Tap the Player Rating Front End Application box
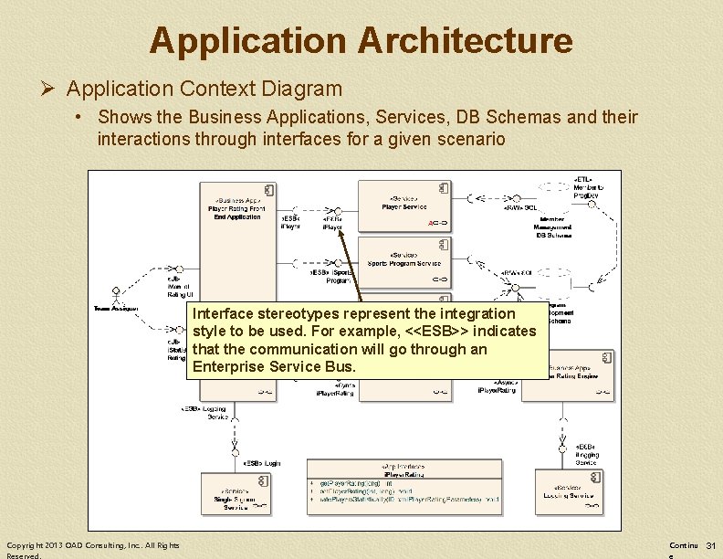tap(236, 237)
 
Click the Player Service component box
tap(403, 206)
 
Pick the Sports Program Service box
tap(403, 260)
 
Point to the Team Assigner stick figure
tap(116, 300)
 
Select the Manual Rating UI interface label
tap(179, 287)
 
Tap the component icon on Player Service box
tap(443, 188)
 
